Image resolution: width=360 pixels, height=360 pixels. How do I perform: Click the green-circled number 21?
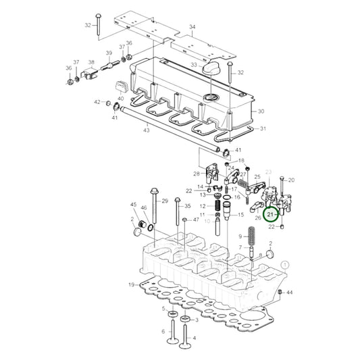point(270,215)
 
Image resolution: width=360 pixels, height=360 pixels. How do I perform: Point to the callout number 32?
point(87,25)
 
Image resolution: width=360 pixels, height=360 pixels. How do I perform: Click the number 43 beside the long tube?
point(145,129)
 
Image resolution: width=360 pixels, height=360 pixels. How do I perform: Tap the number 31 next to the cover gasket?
point(263,129)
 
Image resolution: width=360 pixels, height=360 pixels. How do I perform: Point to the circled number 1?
point(286,265)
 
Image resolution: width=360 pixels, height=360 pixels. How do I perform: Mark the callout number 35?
point(188,206)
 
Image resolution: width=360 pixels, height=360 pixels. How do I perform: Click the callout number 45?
point(133,205)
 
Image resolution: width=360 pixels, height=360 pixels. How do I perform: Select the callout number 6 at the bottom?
point(163,331)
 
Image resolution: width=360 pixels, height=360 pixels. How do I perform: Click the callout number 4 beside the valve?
point(195,337)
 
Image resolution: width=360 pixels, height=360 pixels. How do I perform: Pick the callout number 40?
point(121,99)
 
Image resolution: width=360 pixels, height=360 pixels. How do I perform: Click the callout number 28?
point(197,174)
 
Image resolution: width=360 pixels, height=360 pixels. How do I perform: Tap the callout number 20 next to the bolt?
point(292,180)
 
